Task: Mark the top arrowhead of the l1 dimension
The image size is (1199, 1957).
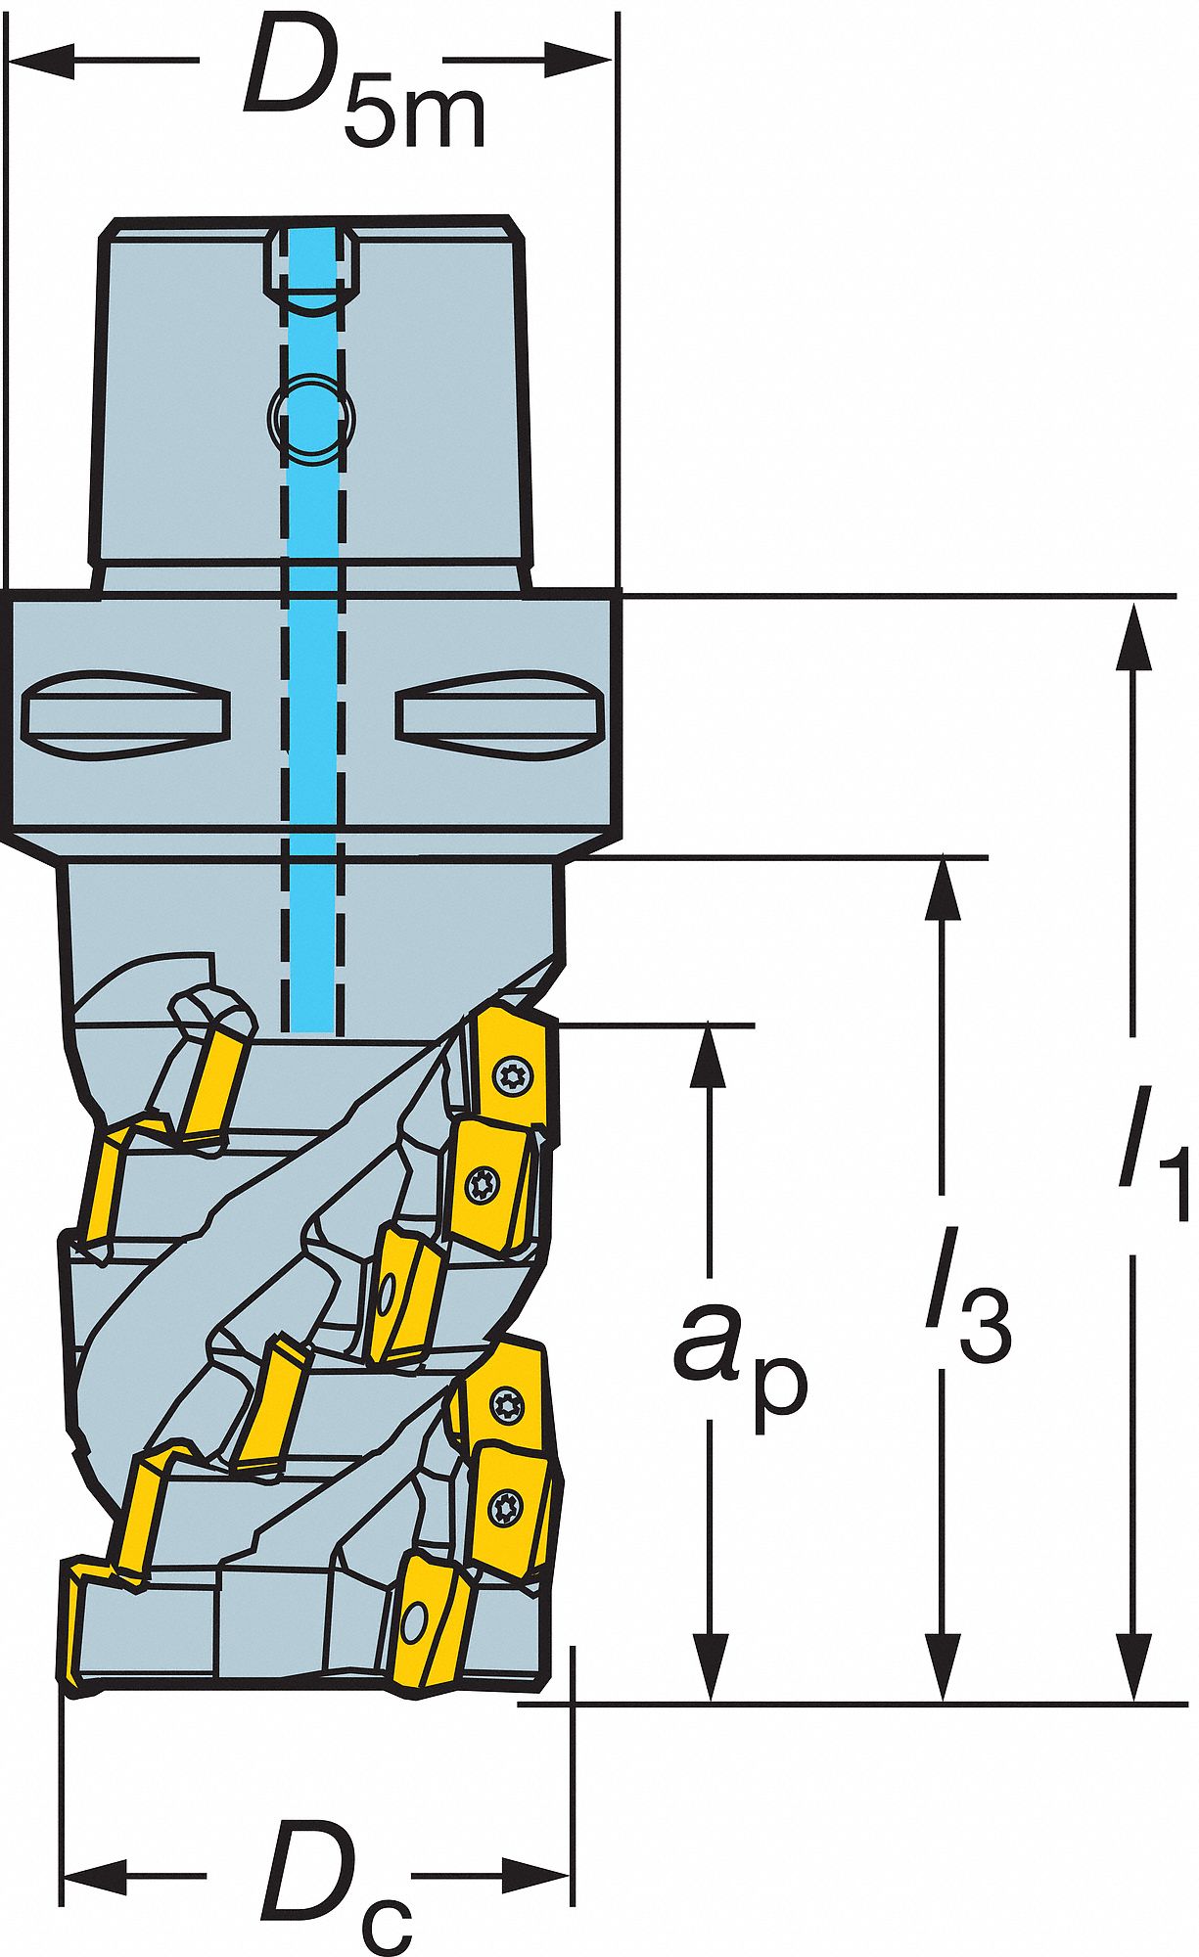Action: pos(1133,637)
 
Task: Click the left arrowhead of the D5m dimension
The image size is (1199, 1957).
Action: pos(41,60)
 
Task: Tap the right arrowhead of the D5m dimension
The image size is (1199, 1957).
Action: pos(579,60)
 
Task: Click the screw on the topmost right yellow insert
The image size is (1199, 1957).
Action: pos(511,1078)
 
